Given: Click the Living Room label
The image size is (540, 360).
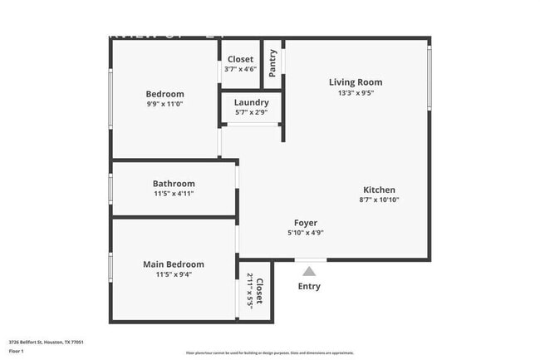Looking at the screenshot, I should tap(355, 81).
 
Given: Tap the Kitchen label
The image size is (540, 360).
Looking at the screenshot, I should tap(378, 190).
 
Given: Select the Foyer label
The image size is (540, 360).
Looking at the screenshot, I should tap(305, 222).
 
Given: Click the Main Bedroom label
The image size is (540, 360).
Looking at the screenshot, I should tap(173, 264).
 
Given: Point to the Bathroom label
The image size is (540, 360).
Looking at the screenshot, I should tap(174, 184).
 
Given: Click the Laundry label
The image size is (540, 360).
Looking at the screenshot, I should tap(250, 102).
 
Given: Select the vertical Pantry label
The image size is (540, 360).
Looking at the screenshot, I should tap(272, 63).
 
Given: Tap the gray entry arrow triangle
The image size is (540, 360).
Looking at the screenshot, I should tap(309, 271).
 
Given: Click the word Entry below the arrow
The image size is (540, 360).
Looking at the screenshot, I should tap(309, 287).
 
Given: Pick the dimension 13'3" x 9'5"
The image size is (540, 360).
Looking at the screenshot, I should tap(355, 93).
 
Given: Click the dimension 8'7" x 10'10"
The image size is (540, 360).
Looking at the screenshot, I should tap(378, 200).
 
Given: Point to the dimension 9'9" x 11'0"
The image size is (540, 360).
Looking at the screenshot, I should tap(164, 105).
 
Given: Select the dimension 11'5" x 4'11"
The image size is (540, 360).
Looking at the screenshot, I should tap(174, 194).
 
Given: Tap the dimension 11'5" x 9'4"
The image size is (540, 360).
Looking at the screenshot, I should tap(173, 275).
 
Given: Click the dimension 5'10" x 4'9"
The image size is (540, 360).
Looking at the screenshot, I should tap(305, 233).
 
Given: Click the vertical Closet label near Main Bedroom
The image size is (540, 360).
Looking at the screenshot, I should tap(259, 292).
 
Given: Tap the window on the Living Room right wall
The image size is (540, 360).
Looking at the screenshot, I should tap(429, 76).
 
